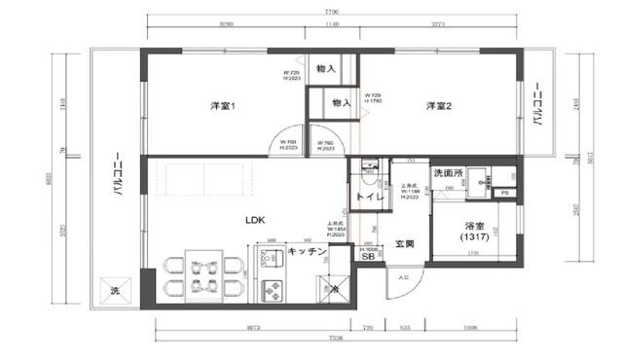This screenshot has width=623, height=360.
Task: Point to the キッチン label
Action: [307, 252]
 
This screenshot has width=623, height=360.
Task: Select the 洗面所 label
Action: [447, 173]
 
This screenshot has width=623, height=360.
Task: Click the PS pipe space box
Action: [503, 193]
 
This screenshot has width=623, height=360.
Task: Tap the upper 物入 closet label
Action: [327, 69]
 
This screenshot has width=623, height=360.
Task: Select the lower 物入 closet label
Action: [341, 102]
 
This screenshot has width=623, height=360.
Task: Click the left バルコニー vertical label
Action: [117, 175]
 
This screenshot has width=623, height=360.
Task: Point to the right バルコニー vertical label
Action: [536, 107]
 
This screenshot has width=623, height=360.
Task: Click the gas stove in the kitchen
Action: [272, 288]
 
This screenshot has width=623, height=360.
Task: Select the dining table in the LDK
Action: [202, 274]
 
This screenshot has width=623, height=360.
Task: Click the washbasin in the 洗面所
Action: [477, 178]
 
